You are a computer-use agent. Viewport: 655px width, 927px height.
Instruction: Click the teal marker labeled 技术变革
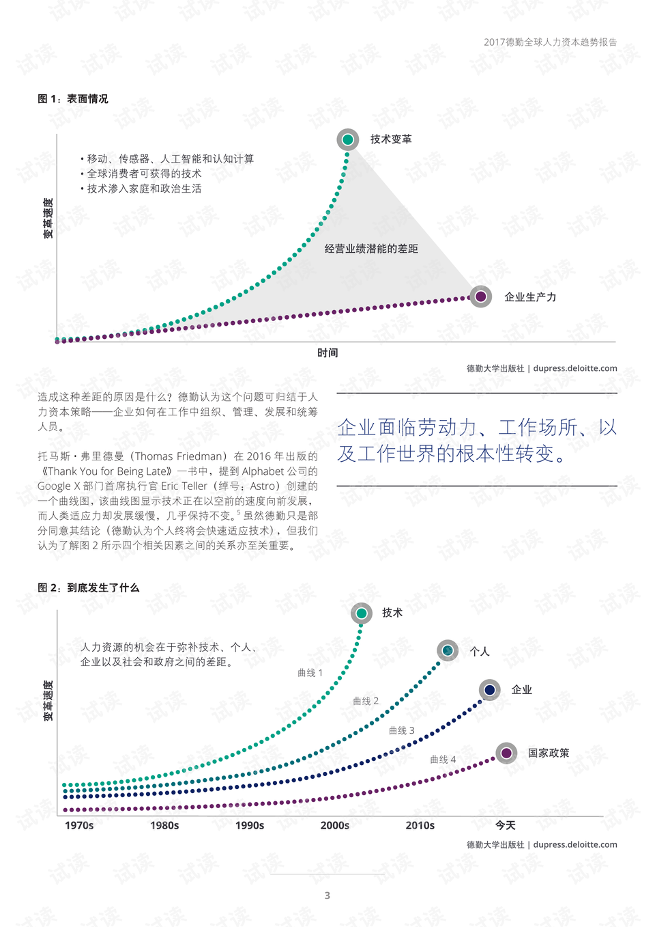348,139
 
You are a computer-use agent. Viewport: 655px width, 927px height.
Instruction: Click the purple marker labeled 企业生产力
481,296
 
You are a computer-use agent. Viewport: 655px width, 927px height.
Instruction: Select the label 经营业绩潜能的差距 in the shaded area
371,249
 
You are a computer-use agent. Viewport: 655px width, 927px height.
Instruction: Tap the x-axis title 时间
327,352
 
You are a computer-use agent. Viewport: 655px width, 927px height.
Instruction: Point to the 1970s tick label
79,825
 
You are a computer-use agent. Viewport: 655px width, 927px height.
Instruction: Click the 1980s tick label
164,825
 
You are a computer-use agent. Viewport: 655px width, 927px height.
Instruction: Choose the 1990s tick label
250,825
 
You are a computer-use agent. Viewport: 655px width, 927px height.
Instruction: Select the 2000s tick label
335,825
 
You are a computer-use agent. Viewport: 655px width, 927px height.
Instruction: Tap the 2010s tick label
420,825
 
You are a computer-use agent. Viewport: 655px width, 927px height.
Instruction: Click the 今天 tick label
506,825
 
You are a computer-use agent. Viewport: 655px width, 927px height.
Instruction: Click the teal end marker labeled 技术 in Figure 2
362,613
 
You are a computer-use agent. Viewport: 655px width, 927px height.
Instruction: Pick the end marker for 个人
448,650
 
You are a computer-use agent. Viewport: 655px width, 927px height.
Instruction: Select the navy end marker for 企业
490,690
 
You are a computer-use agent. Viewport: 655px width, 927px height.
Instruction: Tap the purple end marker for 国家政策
506,753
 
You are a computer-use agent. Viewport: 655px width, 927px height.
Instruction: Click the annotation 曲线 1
310,673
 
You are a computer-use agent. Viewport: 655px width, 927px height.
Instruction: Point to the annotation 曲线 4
443,760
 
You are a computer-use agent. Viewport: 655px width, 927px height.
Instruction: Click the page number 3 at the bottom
327,896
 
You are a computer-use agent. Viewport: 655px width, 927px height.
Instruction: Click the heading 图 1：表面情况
73,99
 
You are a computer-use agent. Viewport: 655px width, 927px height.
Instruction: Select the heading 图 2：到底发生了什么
89,587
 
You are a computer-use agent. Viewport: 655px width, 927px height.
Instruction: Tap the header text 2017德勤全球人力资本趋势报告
550,42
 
